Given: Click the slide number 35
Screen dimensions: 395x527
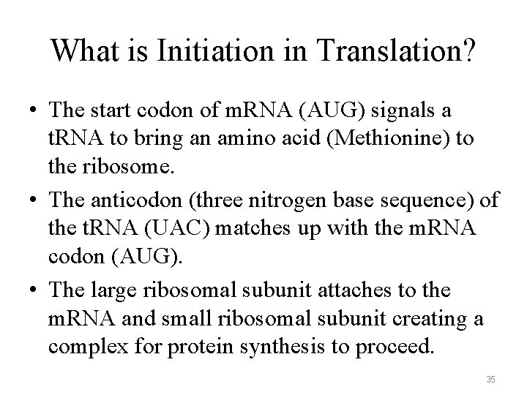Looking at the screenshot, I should click(491, 379).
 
